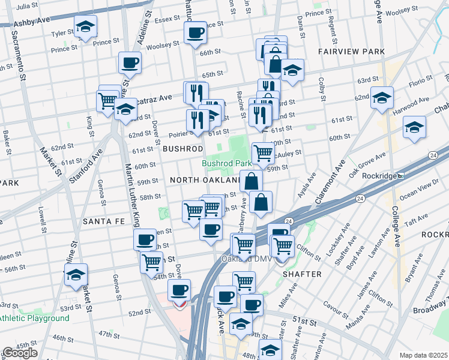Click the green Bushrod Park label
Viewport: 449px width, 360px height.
(x=226, y=163)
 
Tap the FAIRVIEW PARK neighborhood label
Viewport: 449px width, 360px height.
(x=351, y=52)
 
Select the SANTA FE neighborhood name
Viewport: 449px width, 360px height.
(x=103, y=221)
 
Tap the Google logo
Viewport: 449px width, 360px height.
(x=20, y=353)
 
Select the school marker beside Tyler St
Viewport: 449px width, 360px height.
(x=85, y=26)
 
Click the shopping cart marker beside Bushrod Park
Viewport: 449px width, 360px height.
(x=263, y=152)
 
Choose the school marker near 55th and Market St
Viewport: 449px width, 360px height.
(x=76, y=275)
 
